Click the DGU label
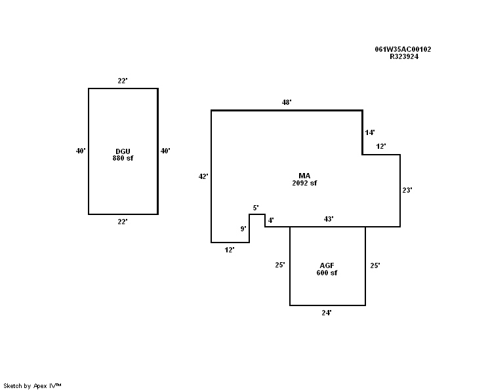tap(123, 151)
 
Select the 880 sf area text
tap(123, 158)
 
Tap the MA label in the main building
tap(304, 176)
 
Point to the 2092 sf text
tap(304, 183)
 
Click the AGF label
tap(326, 265)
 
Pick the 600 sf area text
tap(326, 273)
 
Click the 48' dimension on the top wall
tap(287, 102)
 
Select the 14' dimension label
tap(370, 132)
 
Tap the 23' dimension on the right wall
tap(407, 190)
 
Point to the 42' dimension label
tap(203, 176)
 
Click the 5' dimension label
tap(256, 208)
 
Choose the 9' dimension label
tap(243, 229)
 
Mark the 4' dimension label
tap(271, 220)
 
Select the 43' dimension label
tap(329, 219)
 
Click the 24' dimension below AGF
tap(327, 313)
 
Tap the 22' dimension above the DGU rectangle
tap(123, 81)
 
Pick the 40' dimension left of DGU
tap(81, 151)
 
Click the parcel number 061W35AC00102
tap(403, 49)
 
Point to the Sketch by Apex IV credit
tap(32, 385)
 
